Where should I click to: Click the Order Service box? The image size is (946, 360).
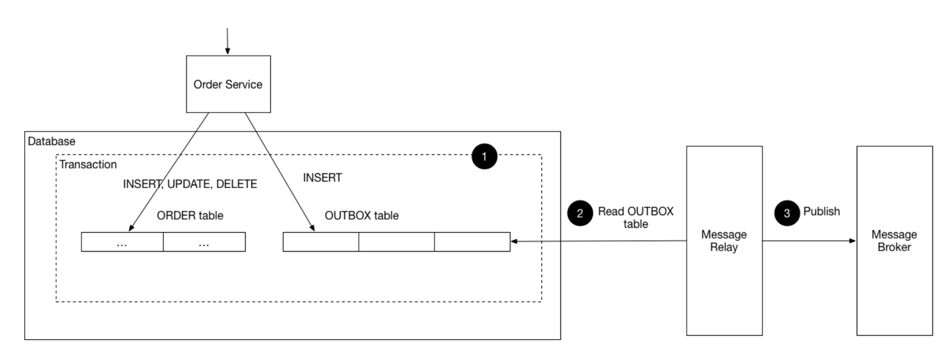[228, 84]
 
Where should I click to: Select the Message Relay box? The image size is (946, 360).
[724, 240]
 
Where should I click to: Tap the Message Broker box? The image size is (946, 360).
[894, 240]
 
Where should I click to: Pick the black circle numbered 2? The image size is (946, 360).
[579, 213]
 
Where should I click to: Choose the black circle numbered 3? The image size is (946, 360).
[787, 213]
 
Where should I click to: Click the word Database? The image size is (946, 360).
[52, 142]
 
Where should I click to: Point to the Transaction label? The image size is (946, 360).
[88, 165]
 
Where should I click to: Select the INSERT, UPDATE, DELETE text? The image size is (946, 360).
[190, 184]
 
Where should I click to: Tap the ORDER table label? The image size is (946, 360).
[190, 215]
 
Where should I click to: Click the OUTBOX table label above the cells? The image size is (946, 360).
[361, 215]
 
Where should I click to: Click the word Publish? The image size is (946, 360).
[822, 211]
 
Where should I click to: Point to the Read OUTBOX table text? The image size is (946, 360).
[636, 217]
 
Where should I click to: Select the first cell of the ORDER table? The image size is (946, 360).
[122, 242]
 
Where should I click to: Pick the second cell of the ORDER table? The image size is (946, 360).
[204, 242]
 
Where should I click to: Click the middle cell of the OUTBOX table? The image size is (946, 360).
[396, 242]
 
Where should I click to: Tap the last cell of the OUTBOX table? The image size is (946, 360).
[472, 242]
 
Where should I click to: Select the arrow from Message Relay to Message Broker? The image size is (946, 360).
[810, 240]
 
